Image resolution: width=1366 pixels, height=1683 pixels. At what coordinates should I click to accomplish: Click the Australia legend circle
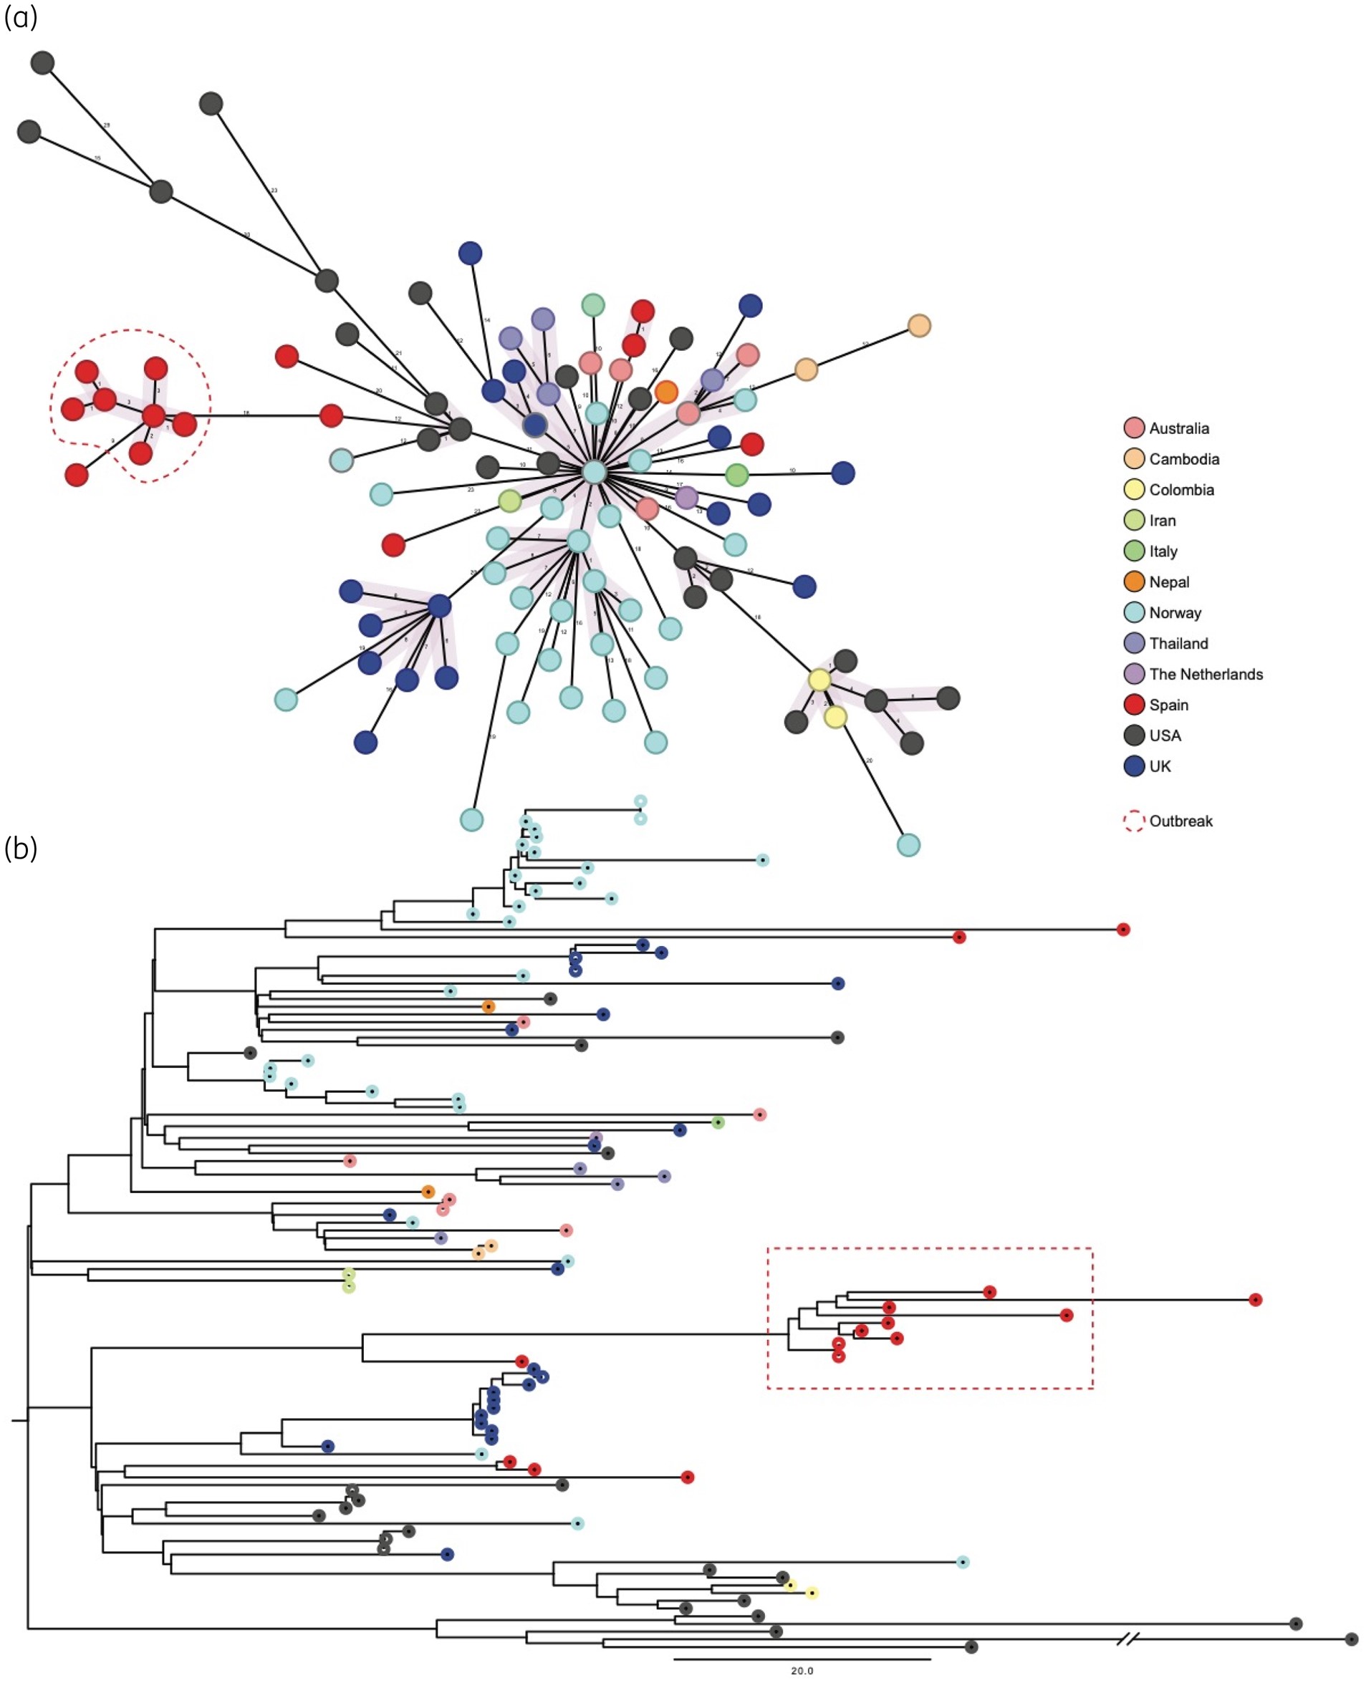click(1134, 428)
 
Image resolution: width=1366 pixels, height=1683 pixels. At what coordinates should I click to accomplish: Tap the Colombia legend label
click(1181, 489)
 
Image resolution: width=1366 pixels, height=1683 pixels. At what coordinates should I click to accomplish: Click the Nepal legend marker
click(1134, 582)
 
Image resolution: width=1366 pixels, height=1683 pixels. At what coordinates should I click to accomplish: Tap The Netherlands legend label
click(1206, 675)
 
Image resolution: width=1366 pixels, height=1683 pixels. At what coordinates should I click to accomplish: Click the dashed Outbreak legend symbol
click(1134, 821)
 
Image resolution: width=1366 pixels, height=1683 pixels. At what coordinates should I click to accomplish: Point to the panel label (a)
click(21, 17)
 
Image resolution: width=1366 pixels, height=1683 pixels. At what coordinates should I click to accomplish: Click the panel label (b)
click(21, 848)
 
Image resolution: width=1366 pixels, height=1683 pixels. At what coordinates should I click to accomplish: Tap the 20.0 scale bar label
click(802, 1670)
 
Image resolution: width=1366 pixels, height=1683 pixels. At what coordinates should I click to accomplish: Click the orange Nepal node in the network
click(665, 392)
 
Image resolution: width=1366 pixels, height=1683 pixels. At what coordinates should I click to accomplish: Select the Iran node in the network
click(510, 501)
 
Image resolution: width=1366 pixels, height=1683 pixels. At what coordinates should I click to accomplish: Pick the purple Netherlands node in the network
click(686, 497)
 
